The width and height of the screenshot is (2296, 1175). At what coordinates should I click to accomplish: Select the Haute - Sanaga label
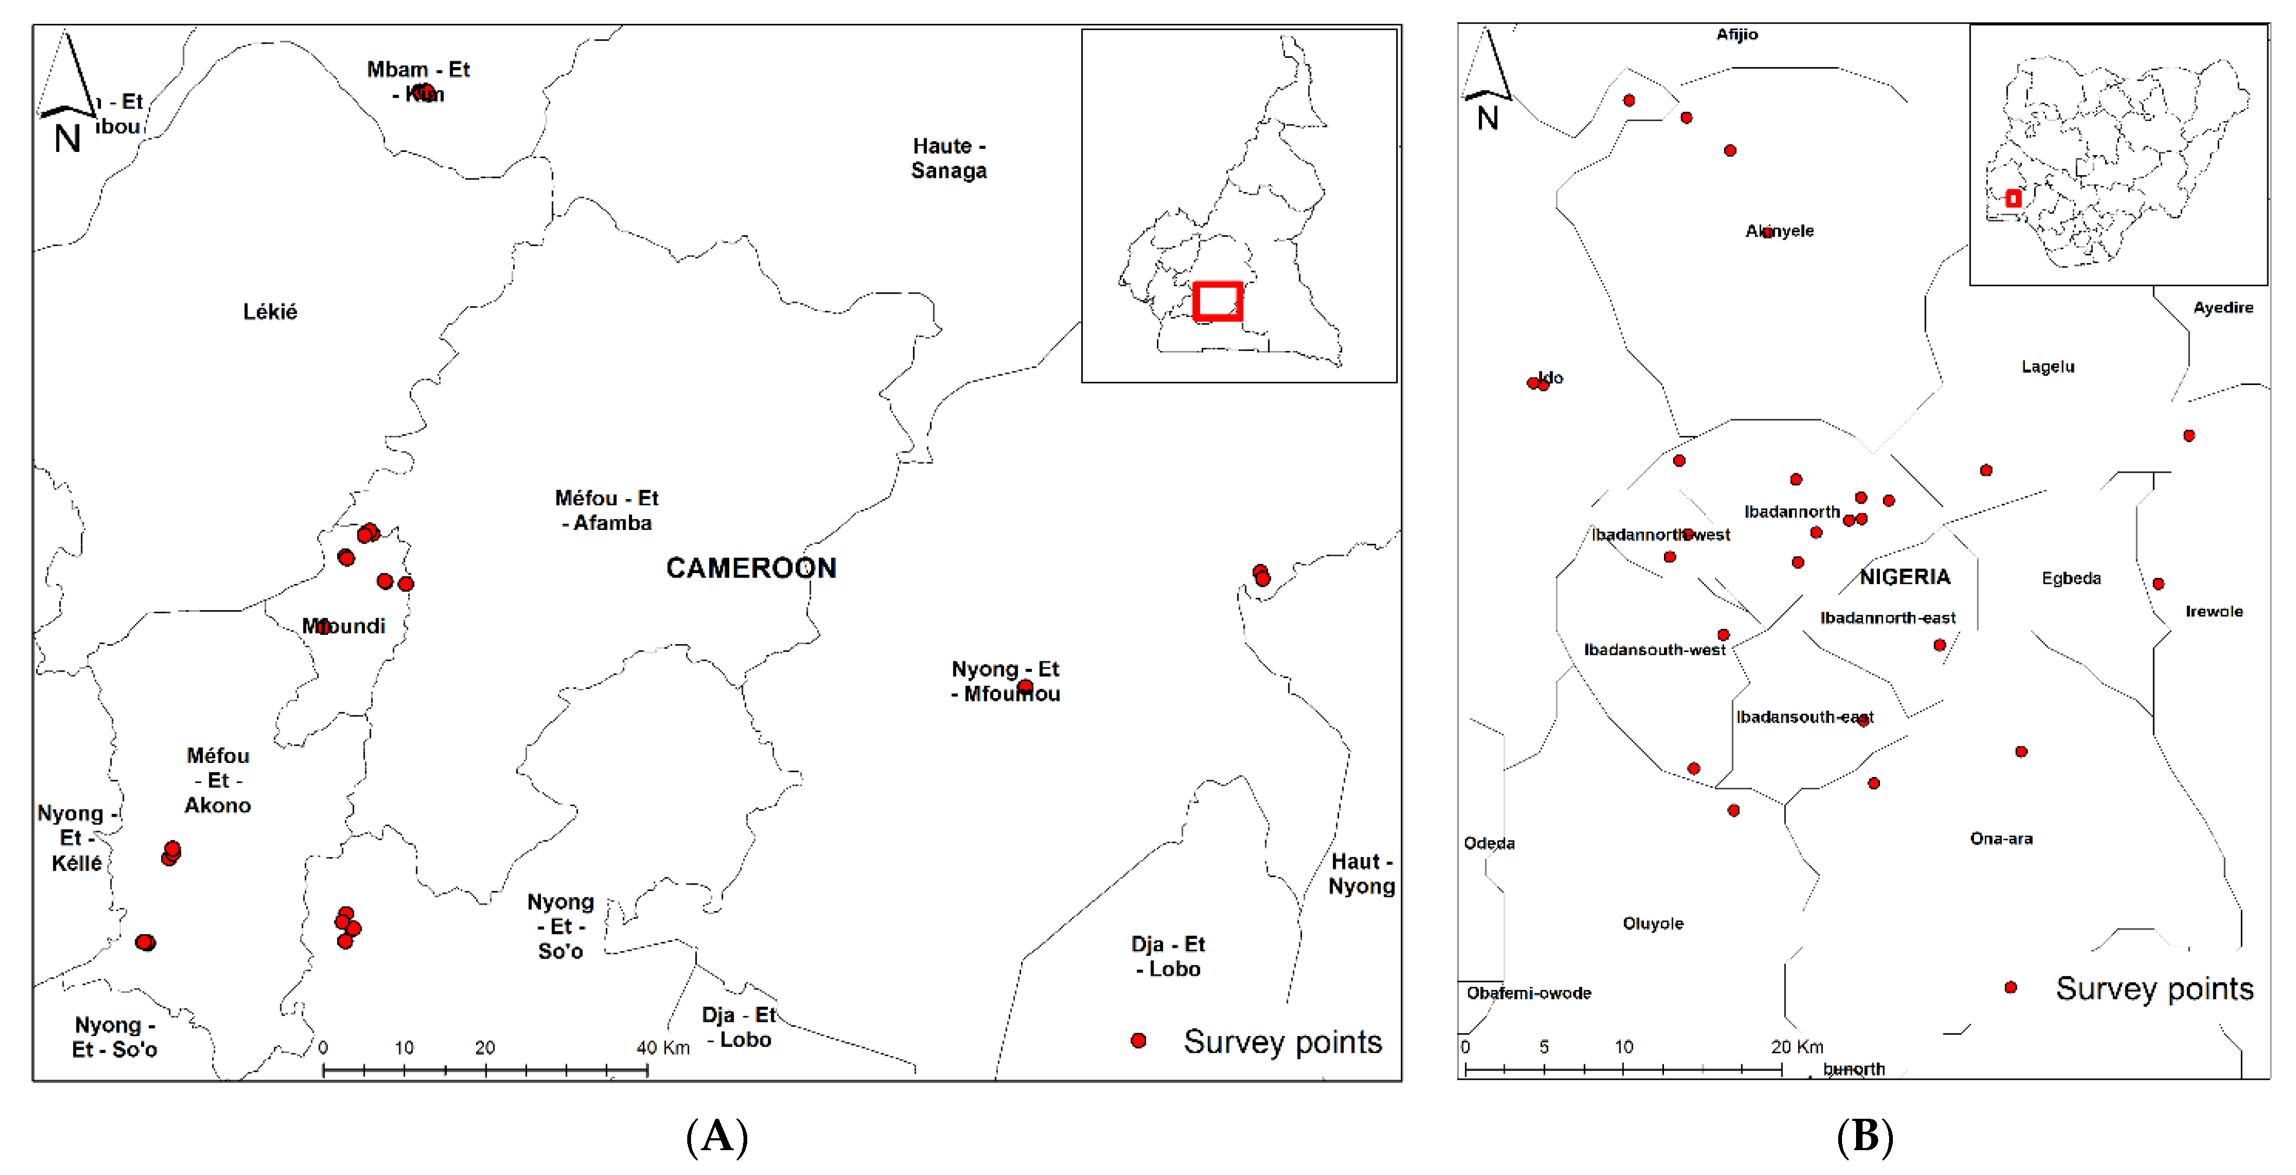[x=949, y=158]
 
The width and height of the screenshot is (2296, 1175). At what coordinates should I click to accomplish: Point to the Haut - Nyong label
[x=1361, y=874]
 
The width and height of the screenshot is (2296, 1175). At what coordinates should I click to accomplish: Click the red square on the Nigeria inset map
[x=2012, y=198]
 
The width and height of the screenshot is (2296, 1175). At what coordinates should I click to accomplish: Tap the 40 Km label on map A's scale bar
[x=662, y=1047]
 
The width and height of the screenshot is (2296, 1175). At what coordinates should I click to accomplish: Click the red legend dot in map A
[x=1138, y=1040]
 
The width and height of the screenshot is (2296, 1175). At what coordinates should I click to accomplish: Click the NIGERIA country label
[x=1905, y=577]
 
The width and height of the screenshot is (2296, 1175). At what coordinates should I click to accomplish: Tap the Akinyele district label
[x=1779, y=231]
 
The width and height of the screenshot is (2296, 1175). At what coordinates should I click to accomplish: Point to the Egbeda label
[x=2070, y=578]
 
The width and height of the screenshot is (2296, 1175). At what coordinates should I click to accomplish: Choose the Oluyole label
[x=1653, y=924]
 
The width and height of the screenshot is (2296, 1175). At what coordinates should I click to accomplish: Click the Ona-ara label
[x=2001, y=838]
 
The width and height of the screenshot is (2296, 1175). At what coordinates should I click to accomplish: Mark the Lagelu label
[x=2047, y=366]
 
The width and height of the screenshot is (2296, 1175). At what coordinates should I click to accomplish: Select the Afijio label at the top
[x=1736, y=35]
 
